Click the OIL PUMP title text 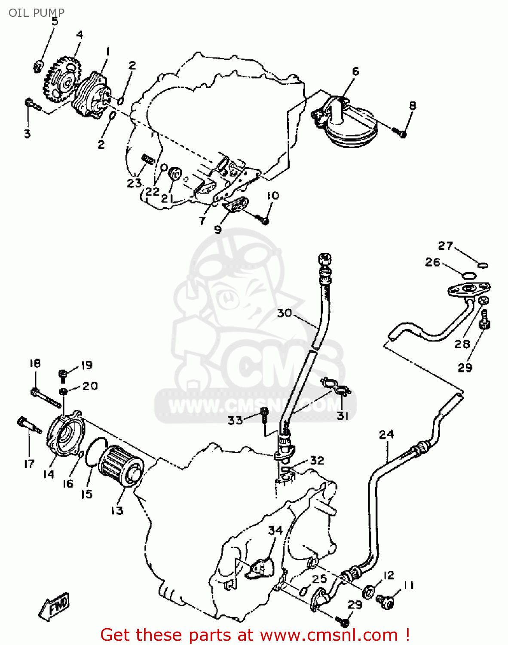(37, 12)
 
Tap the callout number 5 (55, 21)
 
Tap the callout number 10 (272, 196)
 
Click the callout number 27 (446, 246)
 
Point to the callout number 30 (284, 313)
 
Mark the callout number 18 (35, 363)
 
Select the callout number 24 (386, 434)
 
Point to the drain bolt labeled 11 (385, 601)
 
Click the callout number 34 (275, 530)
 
